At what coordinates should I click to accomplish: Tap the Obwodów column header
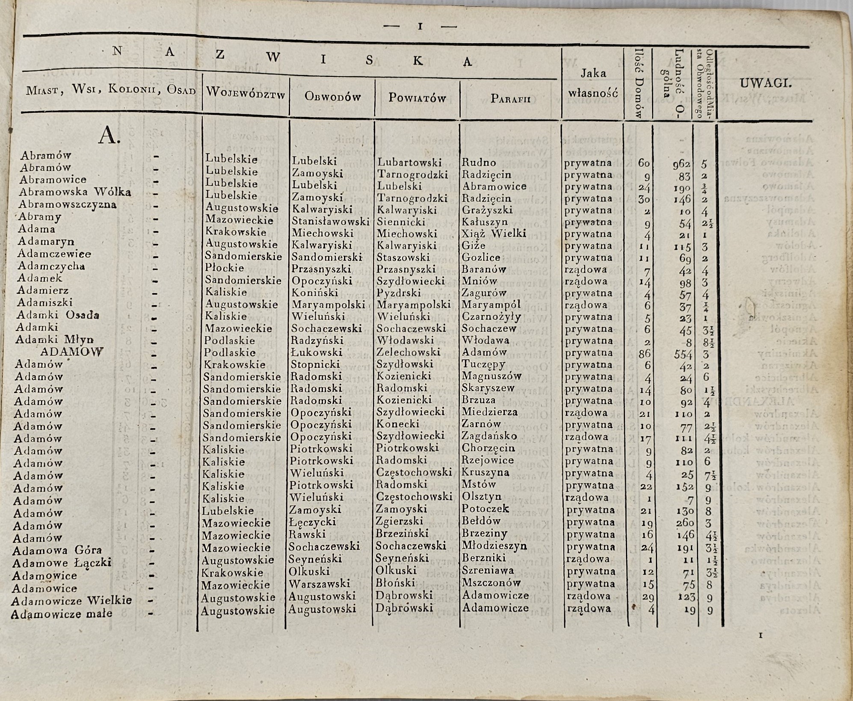point(332,97)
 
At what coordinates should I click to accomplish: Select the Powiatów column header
point(417,98)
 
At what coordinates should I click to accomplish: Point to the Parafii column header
point(510,99)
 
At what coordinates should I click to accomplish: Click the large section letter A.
point(110,136)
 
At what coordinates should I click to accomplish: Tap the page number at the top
point(420,27)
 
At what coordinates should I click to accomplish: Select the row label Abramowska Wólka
point(75,192)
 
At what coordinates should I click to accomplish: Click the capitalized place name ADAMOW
point(71,352)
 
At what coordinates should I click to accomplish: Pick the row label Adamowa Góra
point(57,550)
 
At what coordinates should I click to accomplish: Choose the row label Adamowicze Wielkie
point(71,600)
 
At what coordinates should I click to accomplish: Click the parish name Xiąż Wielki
point(494,234)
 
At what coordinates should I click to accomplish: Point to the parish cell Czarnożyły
point(491,317)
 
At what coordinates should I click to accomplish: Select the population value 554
point(681,354)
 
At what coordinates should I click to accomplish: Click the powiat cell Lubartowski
point(409,163)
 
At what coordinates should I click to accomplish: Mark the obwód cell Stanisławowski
point(330,222)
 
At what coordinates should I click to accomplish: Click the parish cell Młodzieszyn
point(494,546)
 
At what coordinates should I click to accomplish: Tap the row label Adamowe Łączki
point(62,563)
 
